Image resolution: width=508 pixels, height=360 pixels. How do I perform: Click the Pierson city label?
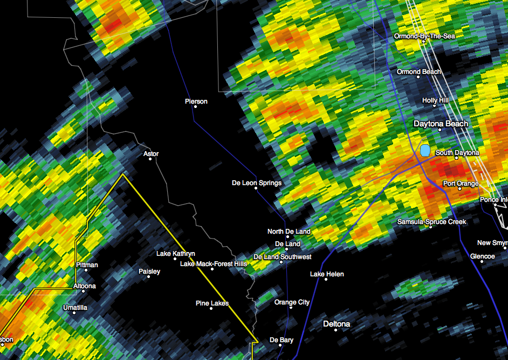pos(196,101)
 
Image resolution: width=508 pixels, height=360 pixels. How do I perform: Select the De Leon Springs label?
pos(257,183)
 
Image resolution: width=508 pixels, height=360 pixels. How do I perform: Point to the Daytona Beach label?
pos(441,124)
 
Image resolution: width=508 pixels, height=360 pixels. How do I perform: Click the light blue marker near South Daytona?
pos(425,150)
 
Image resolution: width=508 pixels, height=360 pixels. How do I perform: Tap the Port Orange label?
pos(461,184)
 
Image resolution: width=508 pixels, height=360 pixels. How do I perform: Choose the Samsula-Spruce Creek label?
pos(432,221)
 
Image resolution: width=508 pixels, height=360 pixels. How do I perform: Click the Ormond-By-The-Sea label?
pos(424,36)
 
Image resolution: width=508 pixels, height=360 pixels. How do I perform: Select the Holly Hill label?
pos(435,100)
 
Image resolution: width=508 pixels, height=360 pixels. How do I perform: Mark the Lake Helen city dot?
pos(327,281)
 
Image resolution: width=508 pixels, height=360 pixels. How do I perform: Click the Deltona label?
pos(337,324)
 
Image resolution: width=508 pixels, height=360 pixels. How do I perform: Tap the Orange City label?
pos(292,302)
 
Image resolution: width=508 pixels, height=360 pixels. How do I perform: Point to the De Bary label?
pos(282,340)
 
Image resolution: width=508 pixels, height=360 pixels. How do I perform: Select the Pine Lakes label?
pos(212,303)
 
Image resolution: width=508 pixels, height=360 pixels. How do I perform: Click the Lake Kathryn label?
pos(176,253)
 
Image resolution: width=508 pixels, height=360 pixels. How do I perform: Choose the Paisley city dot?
pos(149,277)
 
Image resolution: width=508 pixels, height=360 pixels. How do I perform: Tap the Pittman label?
pos(87,265)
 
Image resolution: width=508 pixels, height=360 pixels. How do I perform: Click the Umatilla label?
pos(75,308)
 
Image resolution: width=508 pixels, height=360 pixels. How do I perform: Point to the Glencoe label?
pos(482,256)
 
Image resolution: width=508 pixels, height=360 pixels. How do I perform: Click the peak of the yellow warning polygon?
pos(123,174)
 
